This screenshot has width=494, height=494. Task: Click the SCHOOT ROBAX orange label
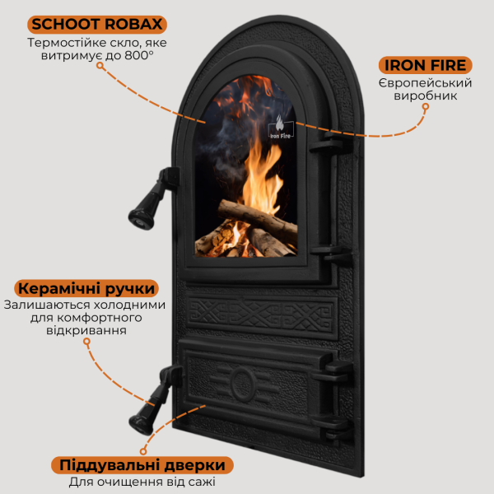[x=97, y=25]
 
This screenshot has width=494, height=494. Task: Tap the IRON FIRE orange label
[x=426, y=65]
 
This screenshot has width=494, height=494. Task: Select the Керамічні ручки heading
[x=86, y=288]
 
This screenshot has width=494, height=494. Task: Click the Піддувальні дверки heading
[x=142, y=465]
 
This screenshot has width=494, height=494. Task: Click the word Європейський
[x=426, y=83]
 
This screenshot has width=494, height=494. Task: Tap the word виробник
[x=426, y=96]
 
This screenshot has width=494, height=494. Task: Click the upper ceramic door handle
[x=152, y=198]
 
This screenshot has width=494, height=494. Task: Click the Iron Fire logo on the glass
[x=281, y=128]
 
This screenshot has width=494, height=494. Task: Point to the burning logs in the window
[x=246, y=229]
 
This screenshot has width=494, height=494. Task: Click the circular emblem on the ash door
[x=243, y=384]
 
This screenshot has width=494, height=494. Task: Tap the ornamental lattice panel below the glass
[x=261, y=316]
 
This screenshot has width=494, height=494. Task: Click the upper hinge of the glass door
[x=332, y=143]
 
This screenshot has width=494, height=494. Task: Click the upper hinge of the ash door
[x=333, y=372]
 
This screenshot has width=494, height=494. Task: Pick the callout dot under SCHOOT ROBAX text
[x=100, y=66]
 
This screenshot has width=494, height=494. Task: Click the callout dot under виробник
[x=426, y=107]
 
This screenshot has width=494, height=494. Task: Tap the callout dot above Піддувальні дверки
[x=143, y=451]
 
